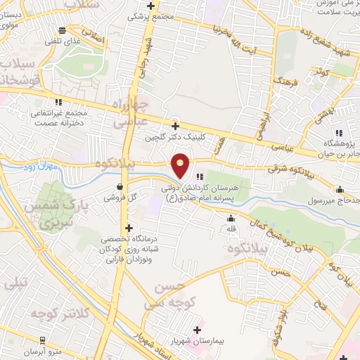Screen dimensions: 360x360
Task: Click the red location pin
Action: click(x=181, y=165)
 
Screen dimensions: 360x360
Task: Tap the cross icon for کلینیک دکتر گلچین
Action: click(x=176, y=126)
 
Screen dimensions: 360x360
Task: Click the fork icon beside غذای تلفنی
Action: click(x=63, y=30)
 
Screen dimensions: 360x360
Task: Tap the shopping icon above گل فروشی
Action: click(x=121, y=187)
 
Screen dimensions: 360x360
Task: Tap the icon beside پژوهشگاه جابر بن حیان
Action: click(x=339, y=132)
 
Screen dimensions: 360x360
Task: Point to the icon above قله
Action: click(x=230, y=217)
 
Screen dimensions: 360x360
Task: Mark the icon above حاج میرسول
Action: click(x=340, y=189)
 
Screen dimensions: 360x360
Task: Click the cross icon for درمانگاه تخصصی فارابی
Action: click(x=129, y=228)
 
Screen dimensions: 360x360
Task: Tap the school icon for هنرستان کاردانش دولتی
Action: click(x=200, y=176)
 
